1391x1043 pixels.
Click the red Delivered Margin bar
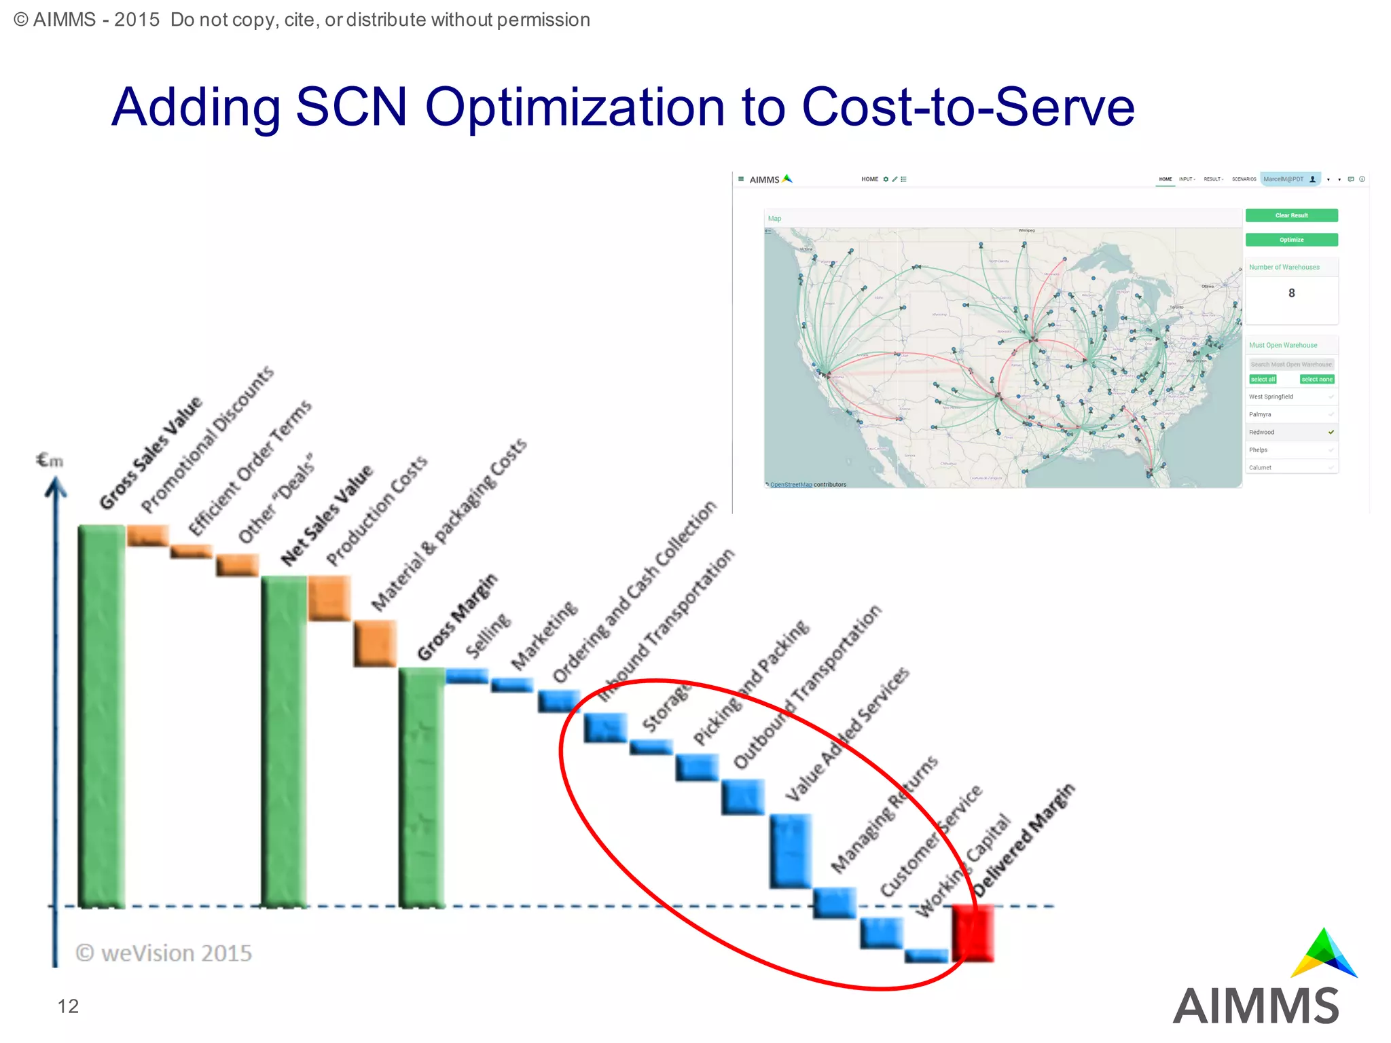pyautogui.click(x=973, y=933)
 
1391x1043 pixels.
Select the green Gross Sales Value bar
pyautogui.click(x=102, y=716)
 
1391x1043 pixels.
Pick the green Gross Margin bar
pyautogui.click(x=422, y=788)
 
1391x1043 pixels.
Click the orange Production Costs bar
pyautogui.click(x=329, y=598)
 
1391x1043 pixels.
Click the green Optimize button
pyautogui.click(x=1291, y=240)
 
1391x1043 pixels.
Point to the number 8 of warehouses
pyautogui.click(x=1291, y=293)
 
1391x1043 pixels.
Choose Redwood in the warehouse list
pyautogui.click(x=1262, y=432)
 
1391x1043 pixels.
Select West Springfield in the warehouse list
pyautogui.click(x=1271, y=397)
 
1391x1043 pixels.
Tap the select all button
pyautogui.click(x=1263, y=380)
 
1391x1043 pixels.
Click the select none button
pyautogui.click(x=1316, y=380)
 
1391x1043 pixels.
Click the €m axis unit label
pyautogui.click(x=50, y=461)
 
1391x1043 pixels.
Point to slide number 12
pyautogui.click(x=68, y=1006)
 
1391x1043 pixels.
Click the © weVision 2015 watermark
pyautogui.click(x=164, y=953)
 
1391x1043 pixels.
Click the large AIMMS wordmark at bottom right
pyautogui.click(x=1256, y=1006)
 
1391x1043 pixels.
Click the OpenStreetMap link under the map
pyautogui.click(x=791, y=485)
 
